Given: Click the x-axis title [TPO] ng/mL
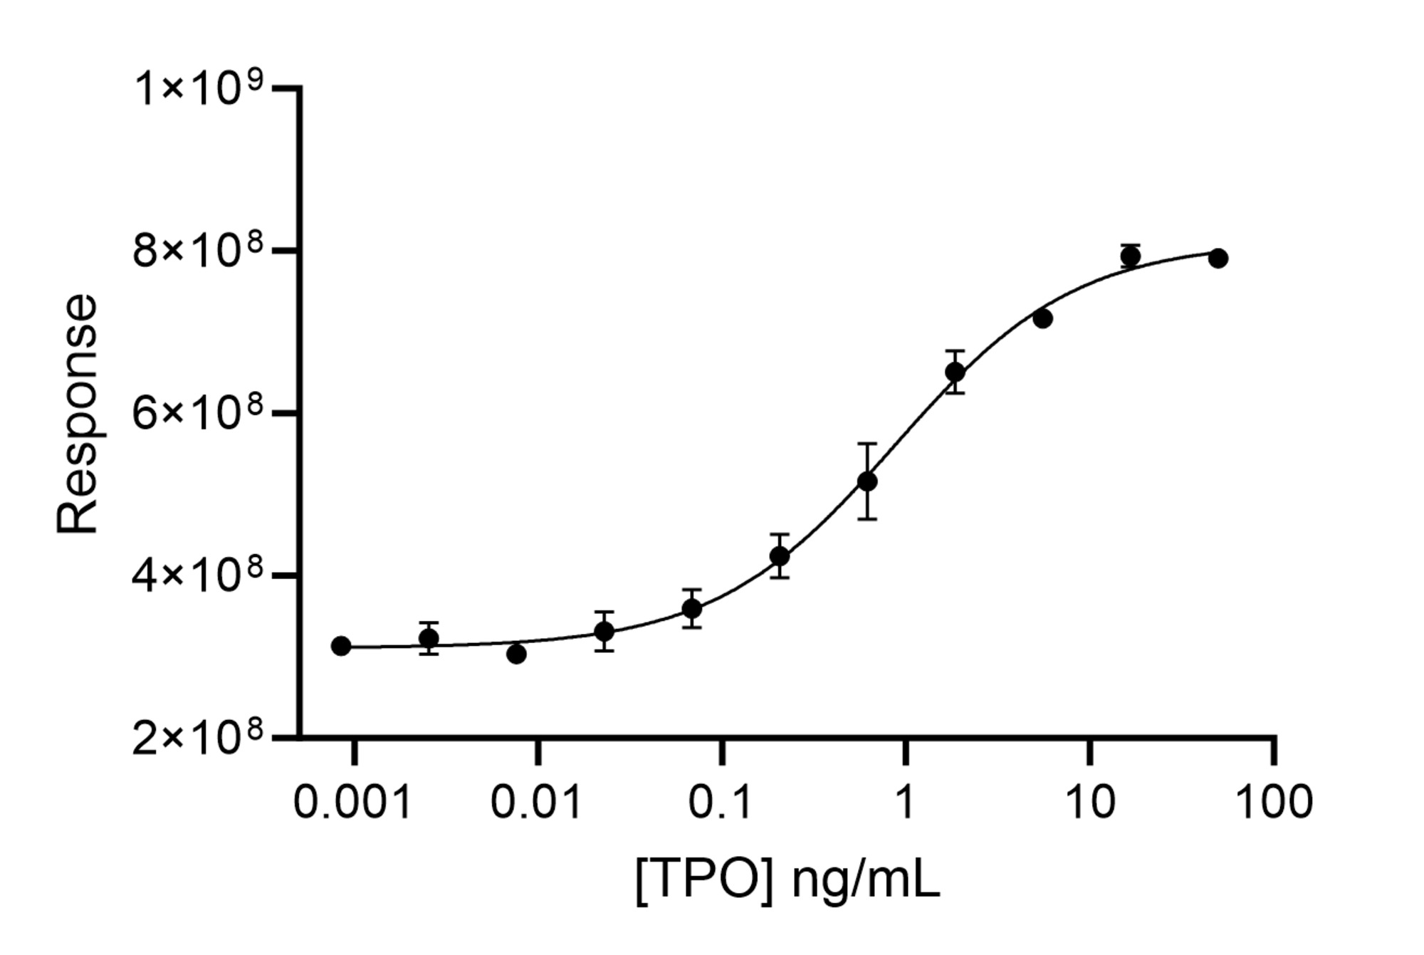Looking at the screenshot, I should (x=787, y=881).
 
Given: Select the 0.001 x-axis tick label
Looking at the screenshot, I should (x=352, y=802).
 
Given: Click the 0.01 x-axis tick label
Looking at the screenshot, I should (x=537, y=802).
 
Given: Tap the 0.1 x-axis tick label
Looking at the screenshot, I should (x=721, y=802).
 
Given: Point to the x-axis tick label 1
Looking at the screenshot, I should (x=904, y=802).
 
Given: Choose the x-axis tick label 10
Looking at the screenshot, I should (x=1089, y=802).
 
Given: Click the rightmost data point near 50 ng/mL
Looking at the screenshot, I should (x=1218, y=258).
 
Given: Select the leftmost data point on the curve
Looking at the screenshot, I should (x=341, y=646).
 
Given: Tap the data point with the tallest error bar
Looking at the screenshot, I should (x=867, y=481).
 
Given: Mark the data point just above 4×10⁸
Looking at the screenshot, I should (x=780, y=555).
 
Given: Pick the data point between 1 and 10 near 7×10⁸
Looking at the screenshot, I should (x=1042, y=319).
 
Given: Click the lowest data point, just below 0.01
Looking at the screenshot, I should (x=517, y=654).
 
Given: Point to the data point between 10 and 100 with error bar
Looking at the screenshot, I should (x=1130, y=256).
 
